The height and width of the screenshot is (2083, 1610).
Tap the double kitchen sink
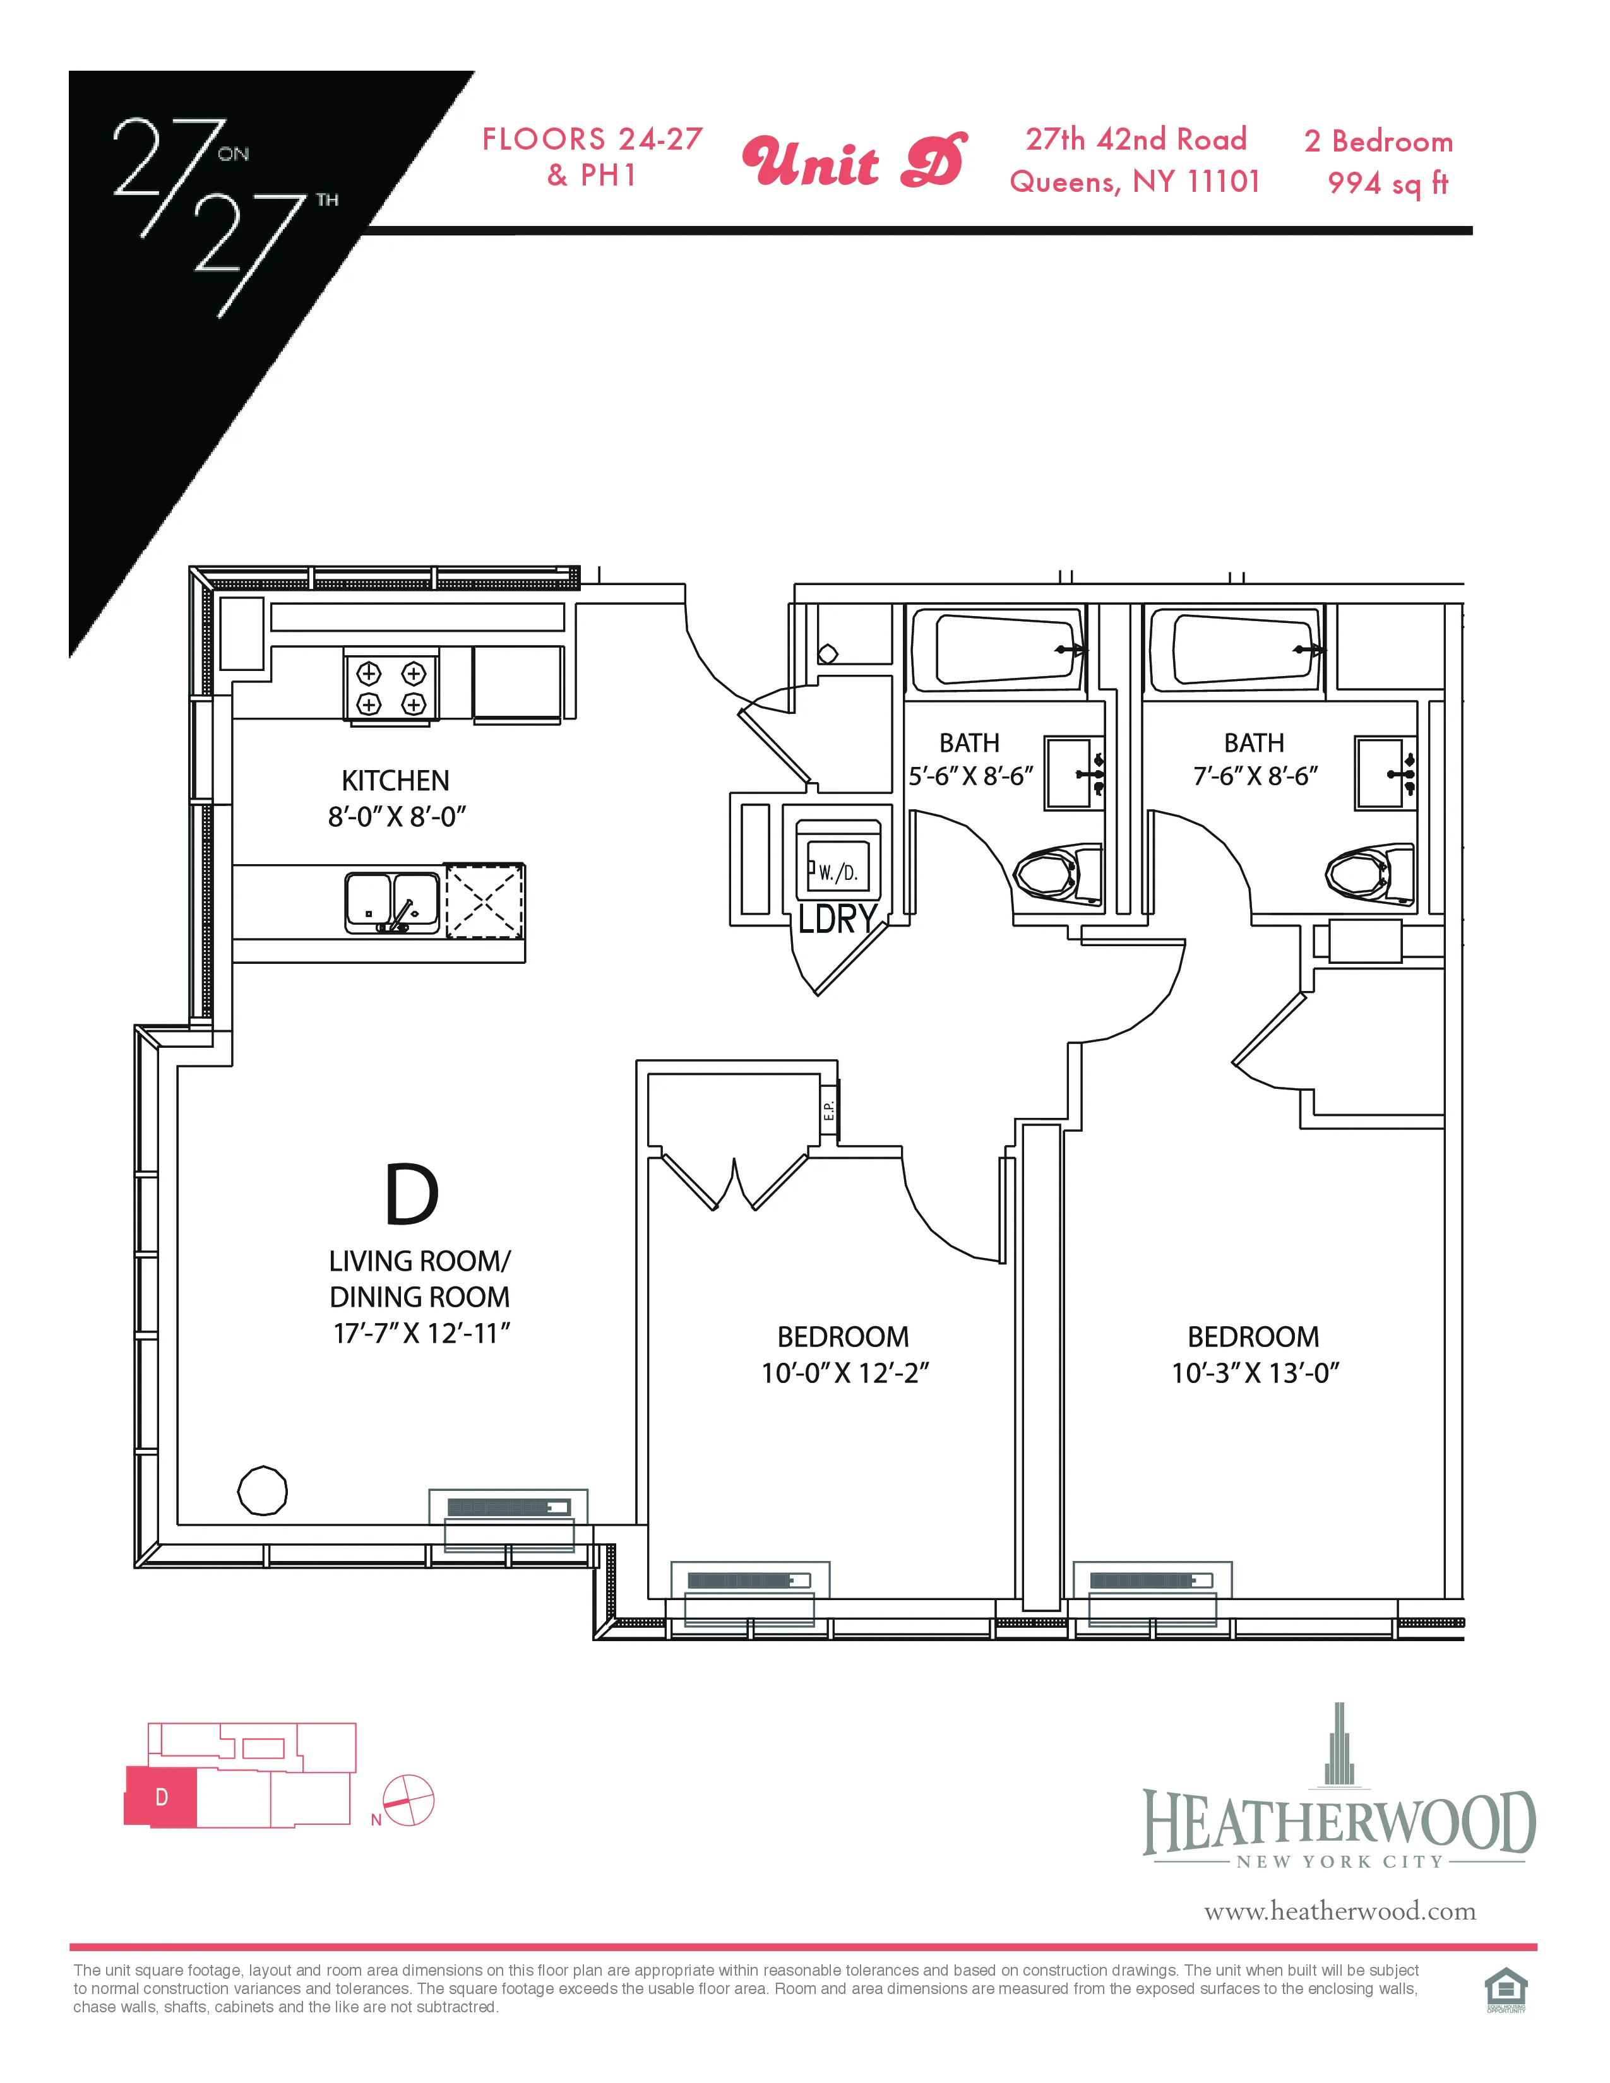click(392, 902)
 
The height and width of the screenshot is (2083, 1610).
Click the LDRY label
click(837, 920)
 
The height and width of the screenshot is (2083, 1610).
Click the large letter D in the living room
click(411, 1194)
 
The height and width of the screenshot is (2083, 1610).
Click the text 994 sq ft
click(1388, 183)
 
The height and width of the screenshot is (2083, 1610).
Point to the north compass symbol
click(408, 1801)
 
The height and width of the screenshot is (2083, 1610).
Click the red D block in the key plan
click(161, 1797)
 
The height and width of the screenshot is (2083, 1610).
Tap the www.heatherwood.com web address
click(1339, 1911)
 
